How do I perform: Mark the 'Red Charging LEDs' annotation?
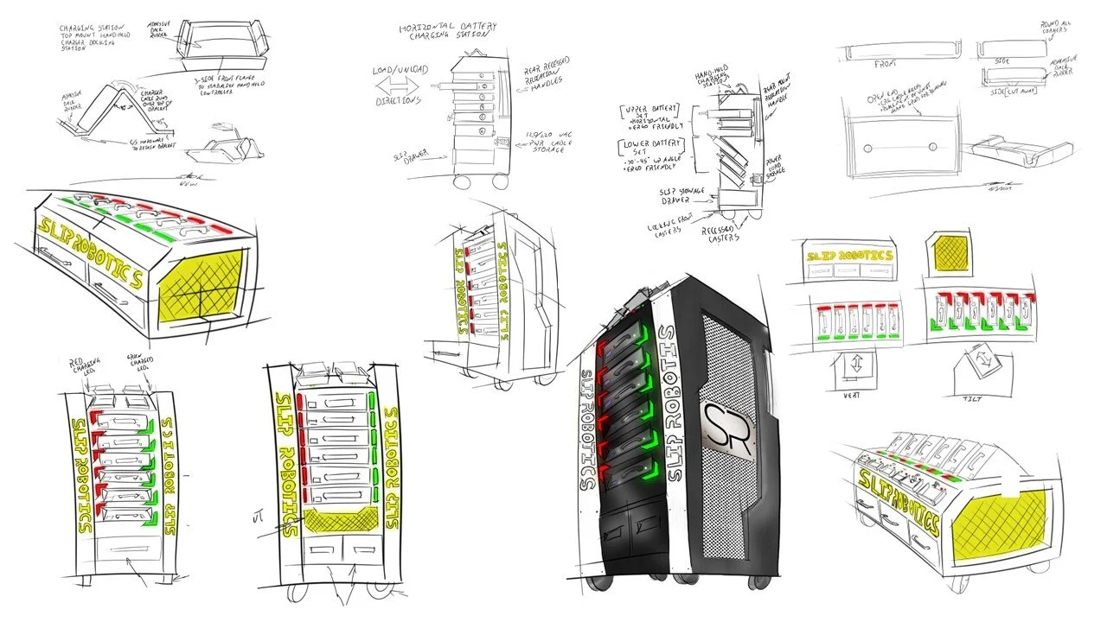click(x=86, y=364)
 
